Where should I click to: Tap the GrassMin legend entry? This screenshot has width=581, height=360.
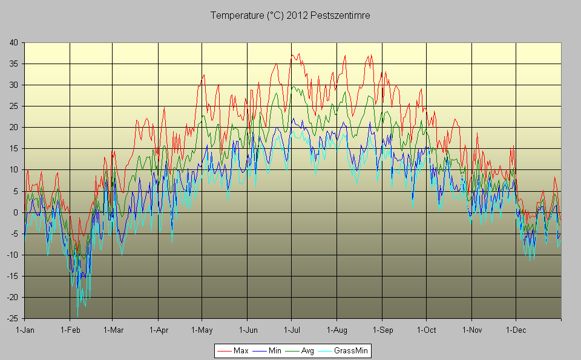(x=352, y=350)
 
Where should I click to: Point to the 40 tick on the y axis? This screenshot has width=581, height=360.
(x=13, y=42)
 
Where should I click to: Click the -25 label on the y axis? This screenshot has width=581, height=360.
(x=12, y=318)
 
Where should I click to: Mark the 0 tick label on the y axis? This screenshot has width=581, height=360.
(x=16, y=212)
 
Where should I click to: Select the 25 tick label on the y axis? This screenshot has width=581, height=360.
(x=13, y=106)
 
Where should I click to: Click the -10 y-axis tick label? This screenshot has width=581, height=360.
(x=12, y=255)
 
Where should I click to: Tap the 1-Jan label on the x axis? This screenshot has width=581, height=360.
(x=25, y=330)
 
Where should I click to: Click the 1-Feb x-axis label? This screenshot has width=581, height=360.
(x=70, y=330)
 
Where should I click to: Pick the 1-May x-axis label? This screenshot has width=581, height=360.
(x=202, y=330)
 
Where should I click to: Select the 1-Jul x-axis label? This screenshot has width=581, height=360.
(x=291, y=330)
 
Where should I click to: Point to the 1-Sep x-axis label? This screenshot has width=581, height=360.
(x=382, y=330)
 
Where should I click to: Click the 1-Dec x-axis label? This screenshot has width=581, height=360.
(x=516, y=330)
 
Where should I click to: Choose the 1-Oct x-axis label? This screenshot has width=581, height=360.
(x=426, y=330)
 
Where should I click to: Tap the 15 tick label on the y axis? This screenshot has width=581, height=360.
(x=13, y=149)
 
